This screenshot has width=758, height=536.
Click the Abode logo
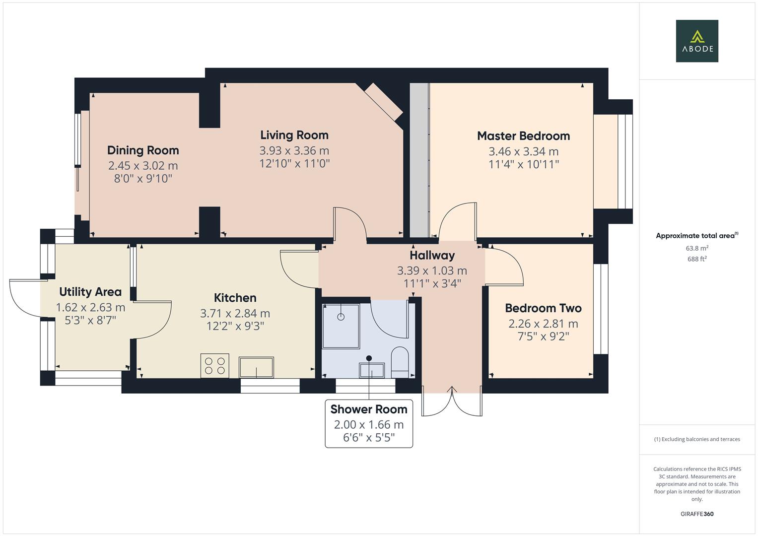coord(696,41)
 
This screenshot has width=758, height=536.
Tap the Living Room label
coord(294,135)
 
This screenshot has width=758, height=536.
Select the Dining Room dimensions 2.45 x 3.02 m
coord(143,166)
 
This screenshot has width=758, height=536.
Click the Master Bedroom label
coord(523,136)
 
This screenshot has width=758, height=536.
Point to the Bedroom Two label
coord(543,308)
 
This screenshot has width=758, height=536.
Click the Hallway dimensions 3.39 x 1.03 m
coord(432,271)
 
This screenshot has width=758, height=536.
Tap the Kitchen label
coord(235,298)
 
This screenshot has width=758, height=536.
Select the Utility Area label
coord(90,291)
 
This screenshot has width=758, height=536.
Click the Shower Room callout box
coord(369,423)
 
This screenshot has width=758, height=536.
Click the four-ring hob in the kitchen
coord(215,365)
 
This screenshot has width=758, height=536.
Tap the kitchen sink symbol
coord(256,367)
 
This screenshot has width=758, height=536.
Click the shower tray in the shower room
coord(341,326)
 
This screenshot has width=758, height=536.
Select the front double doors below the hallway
coord(452,401)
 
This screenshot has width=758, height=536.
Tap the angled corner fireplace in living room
coord(384,102)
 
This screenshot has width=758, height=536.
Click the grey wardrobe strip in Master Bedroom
coord(419,160)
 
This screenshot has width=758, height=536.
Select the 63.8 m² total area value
coord(697,248)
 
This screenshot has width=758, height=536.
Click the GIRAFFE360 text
coord(696,514)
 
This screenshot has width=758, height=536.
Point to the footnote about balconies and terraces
coord(697,439)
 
